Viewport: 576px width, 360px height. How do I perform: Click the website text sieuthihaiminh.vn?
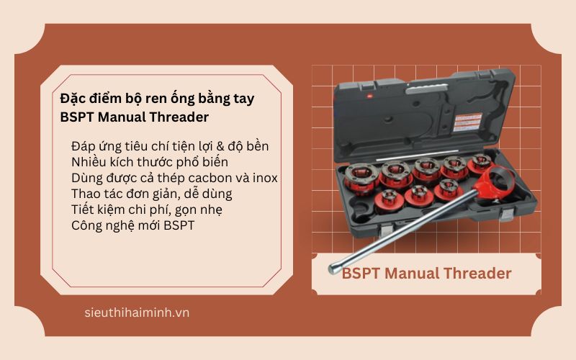tap(136, 312)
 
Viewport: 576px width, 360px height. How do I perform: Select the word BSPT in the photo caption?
tap(361, 274)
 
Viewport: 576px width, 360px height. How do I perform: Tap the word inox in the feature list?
tap(263, 177)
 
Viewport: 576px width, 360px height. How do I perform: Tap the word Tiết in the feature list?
tap(84, 209)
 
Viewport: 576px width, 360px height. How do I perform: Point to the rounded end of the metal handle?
tap(332, 269)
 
